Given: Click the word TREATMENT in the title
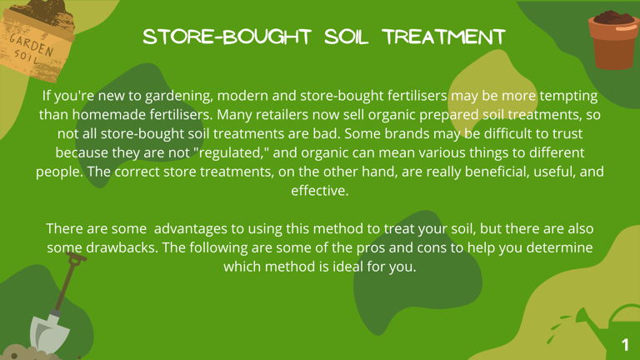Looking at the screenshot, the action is click(444, 37).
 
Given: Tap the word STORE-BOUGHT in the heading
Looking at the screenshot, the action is click(227, 37).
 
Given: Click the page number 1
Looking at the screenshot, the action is click(625, 345).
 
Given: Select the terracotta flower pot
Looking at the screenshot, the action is click(613, 40).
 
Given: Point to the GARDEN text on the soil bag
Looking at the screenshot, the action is click(32, 45).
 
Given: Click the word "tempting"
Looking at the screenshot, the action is click(568, 96).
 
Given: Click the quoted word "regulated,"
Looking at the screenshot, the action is click(231, 152).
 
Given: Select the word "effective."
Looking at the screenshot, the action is click(320, 191).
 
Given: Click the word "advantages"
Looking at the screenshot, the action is click(191, 228).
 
